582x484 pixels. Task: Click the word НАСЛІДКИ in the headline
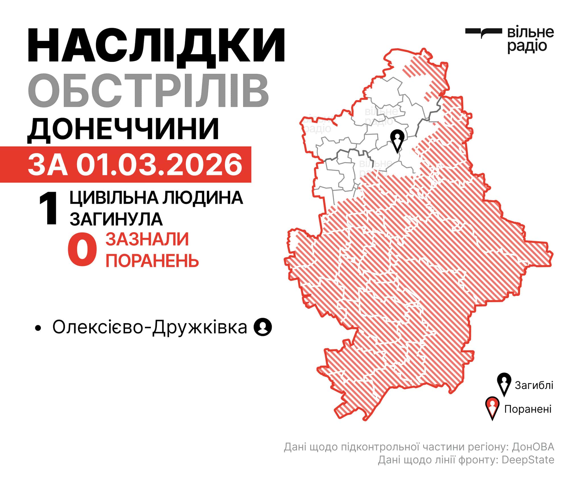(x=156, y=46)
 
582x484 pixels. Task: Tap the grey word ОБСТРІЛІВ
(x=148, y=90)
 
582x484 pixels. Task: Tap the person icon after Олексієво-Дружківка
(x=263, y=327)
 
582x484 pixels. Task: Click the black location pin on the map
(x=397, y=140)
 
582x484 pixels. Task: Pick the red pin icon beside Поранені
(x=492, y=408)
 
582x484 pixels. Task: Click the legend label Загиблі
(x=534, y=385)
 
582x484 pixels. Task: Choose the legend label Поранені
(x=528, y=409)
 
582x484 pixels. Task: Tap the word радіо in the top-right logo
(x=527, y=46)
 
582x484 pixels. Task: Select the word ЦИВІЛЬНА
(x=114, y=198)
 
